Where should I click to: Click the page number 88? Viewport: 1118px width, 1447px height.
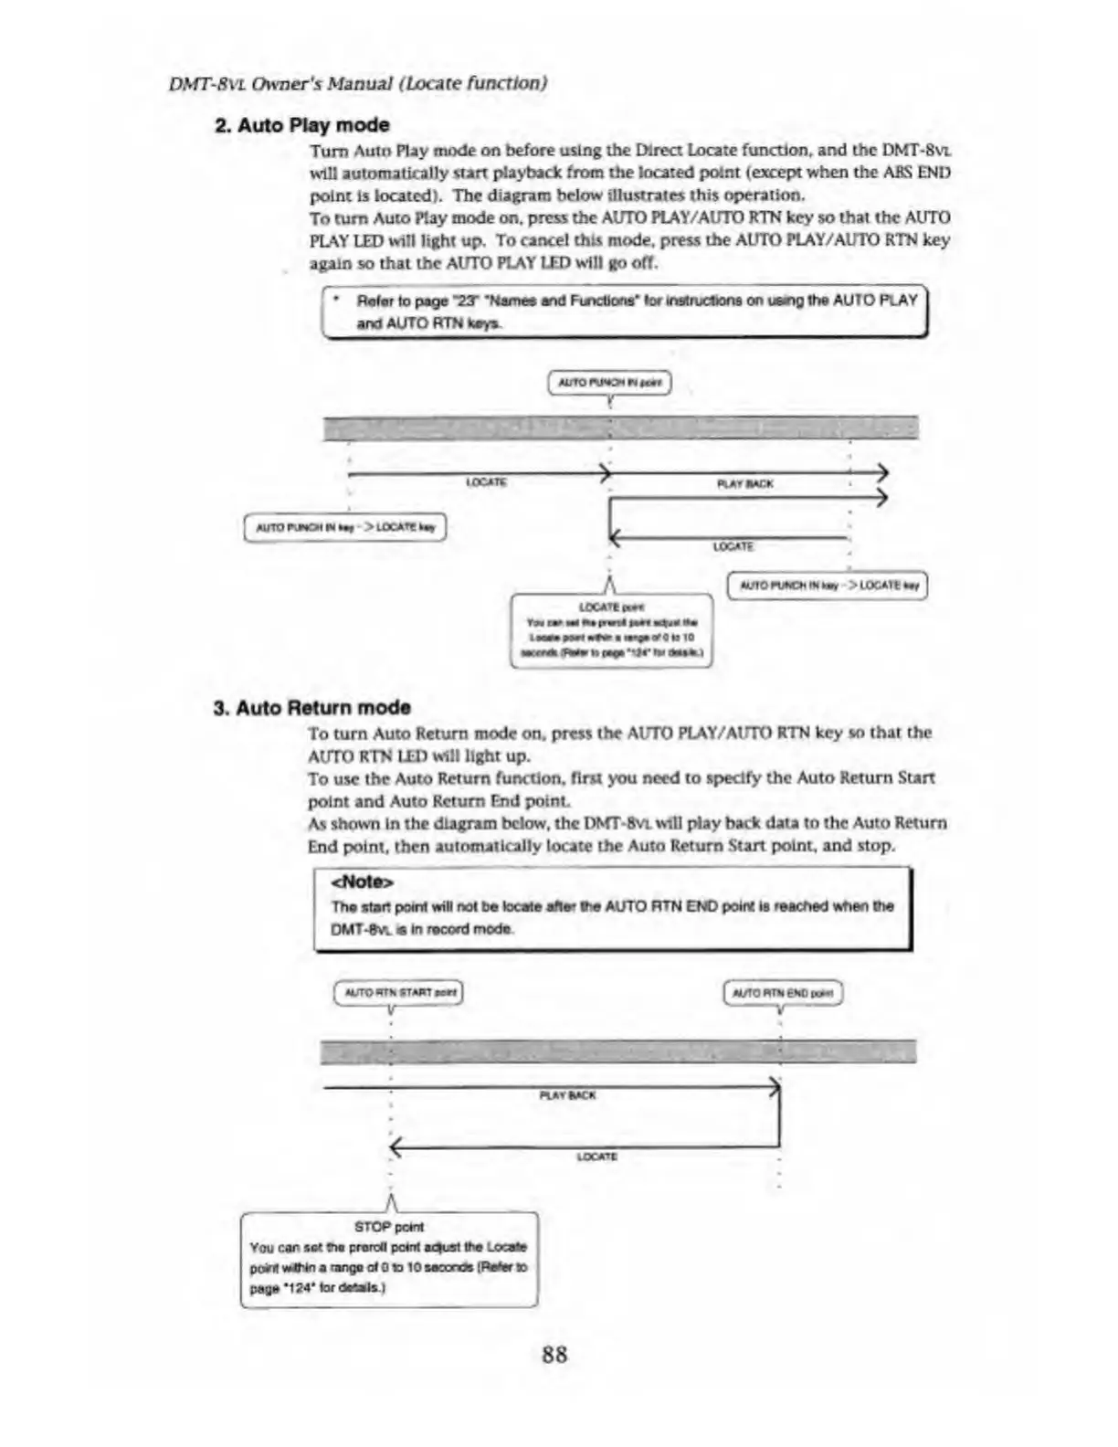click(554, 1354)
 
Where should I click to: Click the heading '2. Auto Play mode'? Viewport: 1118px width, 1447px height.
click(302, 125)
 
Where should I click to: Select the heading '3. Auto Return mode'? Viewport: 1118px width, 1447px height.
click(311, 708)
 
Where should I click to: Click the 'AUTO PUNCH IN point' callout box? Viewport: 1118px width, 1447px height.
click(608, 382)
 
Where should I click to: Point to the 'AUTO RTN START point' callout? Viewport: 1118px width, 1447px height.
click(399, 993)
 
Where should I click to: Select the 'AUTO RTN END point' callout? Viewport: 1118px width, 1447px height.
click(782, 993)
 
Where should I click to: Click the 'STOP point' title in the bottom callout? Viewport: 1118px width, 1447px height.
click(388, 1227)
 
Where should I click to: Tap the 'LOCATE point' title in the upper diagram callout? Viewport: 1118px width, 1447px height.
click(611, 607)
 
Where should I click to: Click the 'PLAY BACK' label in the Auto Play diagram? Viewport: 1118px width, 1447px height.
click(745, 484)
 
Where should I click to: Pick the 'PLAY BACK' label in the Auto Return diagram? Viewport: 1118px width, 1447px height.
click(567, 1095)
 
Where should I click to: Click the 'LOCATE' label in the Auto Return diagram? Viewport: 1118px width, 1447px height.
click(596, 1157)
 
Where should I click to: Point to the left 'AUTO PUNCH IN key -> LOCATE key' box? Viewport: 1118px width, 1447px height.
click(345, 528)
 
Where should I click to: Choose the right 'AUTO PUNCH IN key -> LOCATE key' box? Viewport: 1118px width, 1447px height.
click(827, 585)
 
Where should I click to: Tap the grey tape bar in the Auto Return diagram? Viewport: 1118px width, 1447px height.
click(617, 1051)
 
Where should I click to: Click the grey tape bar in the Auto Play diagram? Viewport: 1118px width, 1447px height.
click(621, 428)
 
